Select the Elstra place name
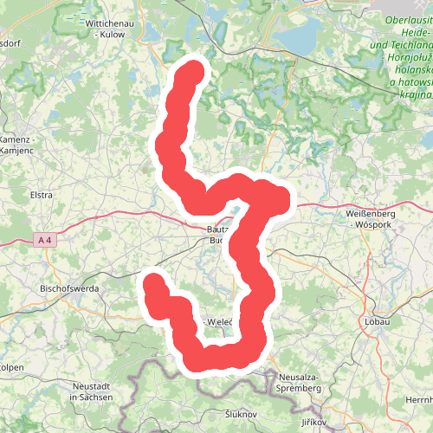(41, 195)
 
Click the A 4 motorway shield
(46, 238)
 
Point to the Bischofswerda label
(69, 288)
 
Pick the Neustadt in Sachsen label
(92, 391)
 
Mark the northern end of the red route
(193, 69)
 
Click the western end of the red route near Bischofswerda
(153, 281)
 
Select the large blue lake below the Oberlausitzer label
(303, 39)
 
